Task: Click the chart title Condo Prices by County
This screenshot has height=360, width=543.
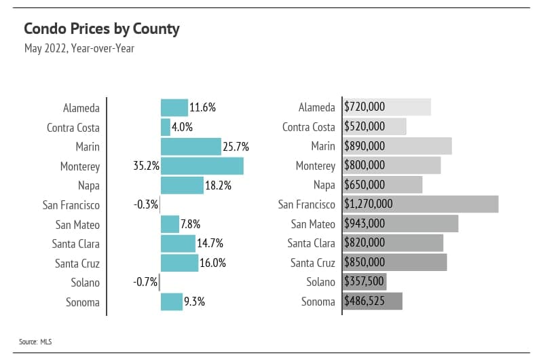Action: click(x=102, y=29)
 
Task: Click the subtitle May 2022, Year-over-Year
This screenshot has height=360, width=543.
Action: click(x=79, y=49)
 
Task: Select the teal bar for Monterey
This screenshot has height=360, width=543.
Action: click(x=202, y=166)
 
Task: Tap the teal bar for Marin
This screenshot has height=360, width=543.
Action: click(x=191, y=147)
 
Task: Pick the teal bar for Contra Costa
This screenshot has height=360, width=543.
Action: click(x=166, y=127)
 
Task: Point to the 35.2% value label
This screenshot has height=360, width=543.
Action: click(x=146, y=166)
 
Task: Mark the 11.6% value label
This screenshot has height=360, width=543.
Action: click(x=203, y=107)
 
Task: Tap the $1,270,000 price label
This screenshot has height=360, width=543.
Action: click(x=369, y=204)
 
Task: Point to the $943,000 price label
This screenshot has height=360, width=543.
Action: click(x=364, y=223)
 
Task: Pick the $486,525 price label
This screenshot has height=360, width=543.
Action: click(x=364, y=302)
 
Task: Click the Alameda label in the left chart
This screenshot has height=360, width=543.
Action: click(x=81, y=108)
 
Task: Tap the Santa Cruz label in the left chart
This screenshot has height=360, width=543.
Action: click(x=77, y=264)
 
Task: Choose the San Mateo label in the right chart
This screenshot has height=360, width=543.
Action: click(x=313, y=223)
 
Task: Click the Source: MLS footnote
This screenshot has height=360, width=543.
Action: click(x=35, y=342)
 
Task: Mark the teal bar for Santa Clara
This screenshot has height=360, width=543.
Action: click(x=178, y=243)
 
